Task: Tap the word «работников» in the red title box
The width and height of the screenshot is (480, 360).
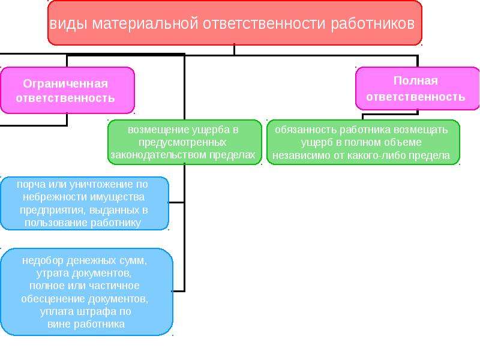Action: pyautogui.click(x=373, y=24)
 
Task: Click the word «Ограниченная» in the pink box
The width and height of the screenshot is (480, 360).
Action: pyautogui.click(x=65, y=83)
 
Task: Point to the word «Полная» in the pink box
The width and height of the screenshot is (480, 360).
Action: pyautogui.click(x=415, y=81)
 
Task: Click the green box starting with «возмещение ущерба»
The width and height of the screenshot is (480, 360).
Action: pyautogui.click(x=185, y=142)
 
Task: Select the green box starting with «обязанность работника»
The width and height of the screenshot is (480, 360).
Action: pyautogui.click(x=363, y=142)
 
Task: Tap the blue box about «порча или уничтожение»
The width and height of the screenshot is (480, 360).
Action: pyautogui.click(x=85, y=203)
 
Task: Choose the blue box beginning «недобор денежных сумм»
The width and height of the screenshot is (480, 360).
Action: pyautogui.click(x=86, y=292)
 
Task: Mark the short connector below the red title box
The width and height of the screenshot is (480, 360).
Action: pyautogui.click(x=235, y=50)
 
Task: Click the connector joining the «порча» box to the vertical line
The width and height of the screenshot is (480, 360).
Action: pyautogui.click(x=176, y=202)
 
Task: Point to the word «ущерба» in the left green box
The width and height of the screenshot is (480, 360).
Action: pyautogui.click(x=211, y=130)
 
